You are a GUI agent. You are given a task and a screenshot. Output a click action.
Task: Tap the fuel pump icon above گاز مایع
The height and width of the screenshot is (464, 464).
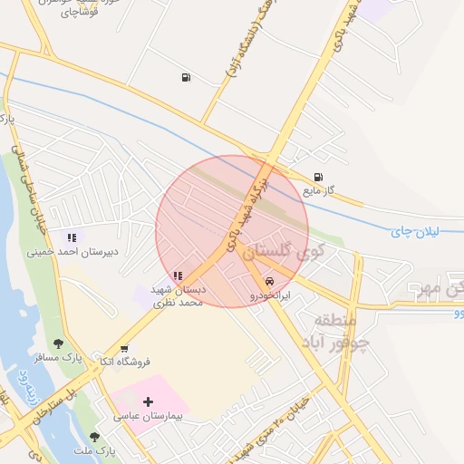[x=317, y=177]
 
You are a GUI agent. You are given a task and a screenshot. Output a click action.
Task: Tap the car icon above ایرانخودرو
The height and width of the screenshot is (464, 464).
[x=269, y=281]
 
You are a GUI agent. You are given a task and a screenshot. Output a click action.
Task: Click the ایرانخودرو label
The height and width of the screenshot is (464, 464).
[x=270, y=295]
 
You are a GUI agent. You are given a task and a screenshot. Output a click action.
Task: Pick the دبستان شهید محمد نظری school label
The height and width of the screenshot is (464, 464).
[x=177, y=295]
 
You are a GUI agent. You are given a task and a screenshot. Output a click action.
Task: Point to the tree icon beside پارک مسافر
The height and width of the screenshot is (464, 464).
[x=59, y=343]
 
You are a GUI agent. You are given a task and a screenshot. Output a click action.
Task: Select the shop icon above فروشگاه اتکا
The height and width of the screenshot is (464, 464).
[x=124, y=348]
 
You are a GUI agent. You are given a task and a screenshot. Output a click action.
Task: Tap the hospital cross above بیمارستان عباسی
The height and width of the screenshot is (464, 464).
[x=149, y=401]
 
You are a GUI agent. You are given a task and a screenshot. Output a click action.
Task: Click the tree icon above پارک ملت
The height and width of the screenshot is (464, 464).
[x=93, y=436]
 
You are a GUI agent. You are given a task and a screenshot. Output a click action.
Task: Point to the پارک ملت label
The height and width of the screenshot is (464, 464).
[x=95, y=450]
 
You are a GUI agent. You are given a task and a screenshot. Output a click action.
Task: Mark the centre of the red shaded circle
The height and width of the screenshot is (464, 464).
[x=232, y=231]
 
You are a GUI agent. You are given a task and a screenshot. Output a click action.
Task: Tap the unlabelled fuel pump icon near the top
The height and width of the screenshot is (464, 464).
[x=186, y=77]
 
